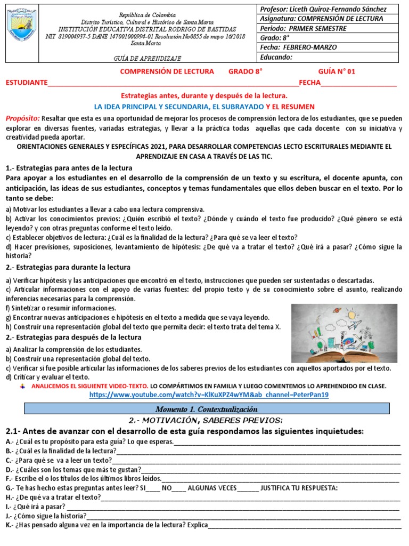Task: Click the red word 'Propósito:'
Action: point(22,118)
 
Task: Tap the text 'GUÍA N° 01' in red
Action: point(336,71)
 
